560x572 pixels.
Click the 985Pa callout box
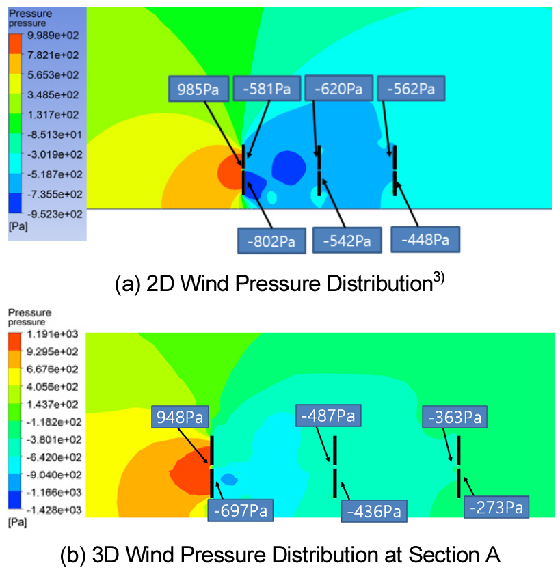(x=198, y=89)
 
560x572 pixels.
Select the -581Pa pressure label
(x=267, y=88)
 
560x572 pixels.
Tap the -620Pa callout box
(x=338, y=88)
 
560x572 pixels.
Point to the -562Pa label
(x=411, y=88)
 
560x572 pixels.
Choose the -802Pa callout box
(x=271, y=241)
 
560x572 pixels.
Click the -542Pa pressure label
(x=347, y=240)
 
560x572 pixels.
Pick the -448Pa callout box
(x=425, y=239)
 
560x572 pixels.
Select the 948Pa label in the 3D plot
(x=180, y=417)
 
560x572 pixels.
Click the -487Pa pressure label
(x=328, y=416)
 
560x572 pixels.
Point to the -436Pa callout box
(x=374, y=511)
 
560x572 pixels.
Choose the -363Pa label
(x=455, y=417)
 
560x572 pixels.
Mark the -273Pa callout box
(x=496, y=507)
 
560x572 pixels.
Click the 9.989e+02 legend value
(x=53, y=36)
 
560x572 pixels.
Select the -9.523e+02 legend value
(x=55, y=214)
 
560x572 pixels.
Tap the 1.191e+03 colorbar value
(x=53, y=333)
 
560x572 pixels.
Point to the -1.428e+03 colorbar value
(x=54, y=510)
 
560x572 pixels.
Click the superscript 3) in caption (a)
(x=439, y=278)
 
